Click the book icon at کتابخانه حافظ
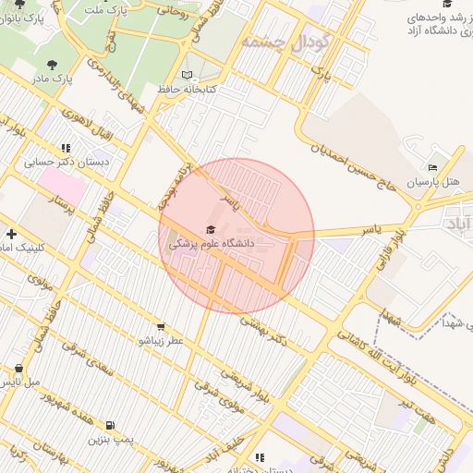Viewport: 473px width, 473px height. click(x=188, y=75)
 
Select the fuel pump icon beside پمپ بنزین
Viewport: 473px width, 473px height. click(x=113, y=426)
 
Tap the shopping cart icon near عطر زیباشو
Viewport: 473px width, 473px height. click(x=162, y=326)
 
